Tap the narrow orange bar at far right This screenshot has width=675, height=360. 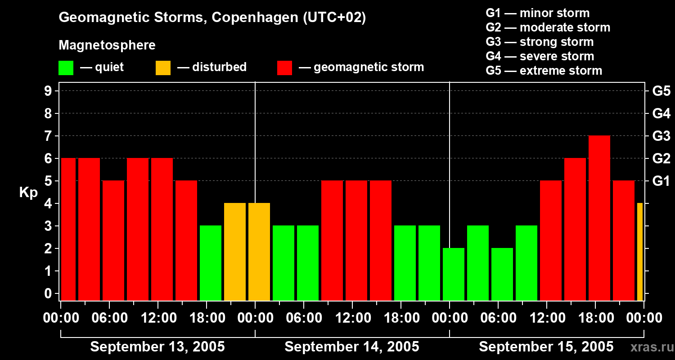point(640,252)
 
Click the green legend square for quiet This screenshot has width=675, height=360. point(66,68)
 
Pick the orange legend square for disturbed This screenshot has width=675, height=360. point(163,68)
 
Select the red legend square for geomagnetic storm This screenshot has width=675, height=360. point(285,68)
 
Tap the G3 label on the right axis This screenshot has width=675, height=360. point(661,136)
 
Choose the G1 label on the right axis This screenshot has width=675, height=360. point(661,181)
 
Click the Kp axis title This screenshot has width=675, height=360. point(28,192)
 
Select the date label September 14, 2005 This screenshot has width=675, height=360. point(352,347)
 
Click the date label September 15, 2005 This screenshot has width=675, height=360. point(546,347)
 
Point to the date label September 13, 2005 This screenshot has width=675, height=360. point(157,347)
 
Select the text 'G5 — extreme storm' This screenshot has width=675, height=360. point(544,71)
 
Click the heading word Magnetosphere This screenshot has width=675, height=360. point(107,45)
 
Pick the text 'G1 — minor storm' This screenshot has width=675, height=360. point(537,13)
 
